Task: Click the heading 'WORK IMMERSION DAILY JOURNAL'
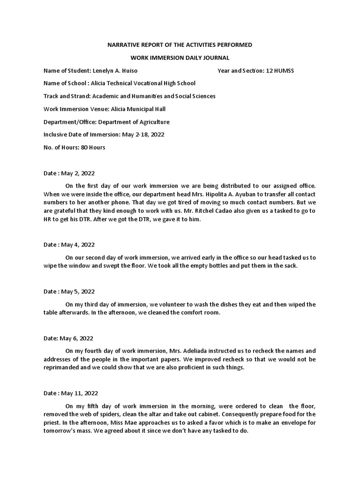(180, 58)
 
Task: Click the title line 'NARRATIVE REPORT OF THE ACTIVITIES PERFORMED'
(180, 45)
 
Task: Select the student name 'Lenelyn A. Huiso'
(115, 71)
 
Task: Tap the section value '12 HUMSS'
(280, 71)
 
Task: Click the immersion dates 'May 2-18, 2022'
(142, 135)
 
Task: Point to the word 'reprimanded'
(61, 367)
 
